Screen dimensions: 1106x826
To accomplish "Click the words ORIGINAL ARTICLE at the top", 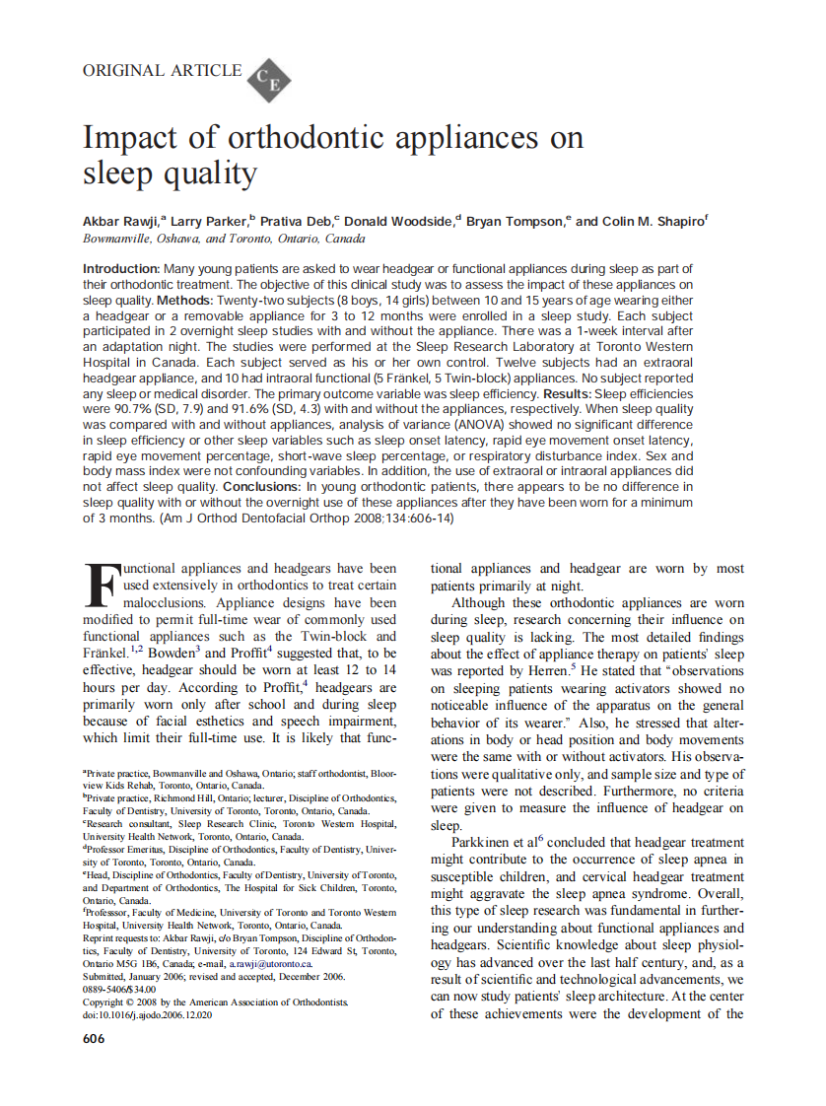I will pos(163,70).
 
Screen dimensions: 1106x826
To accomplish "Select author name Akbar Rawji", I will pos(121,222).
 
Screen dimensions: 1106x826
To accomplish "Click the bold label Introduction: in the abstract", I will pos(120,269).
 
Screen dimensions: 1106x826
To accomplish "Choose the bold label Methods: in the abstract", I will pos(182,299).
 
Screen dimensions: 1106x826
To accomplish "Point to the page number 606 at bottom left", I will pos(94,1039).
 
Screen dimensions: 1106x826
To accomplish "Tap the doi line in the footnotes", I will pos(147,1014).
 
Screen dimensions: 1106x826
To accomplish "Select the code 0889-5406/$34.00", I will pos(119,989).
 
